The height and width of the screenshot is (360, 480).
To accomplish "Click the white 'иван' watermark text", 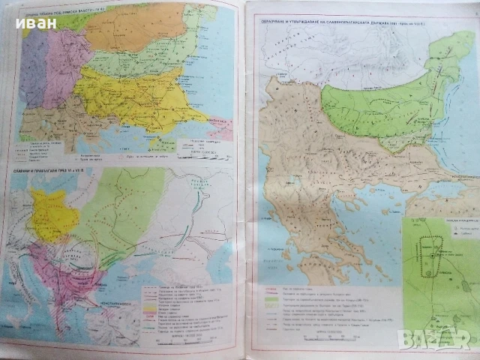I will click(31, 22).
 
